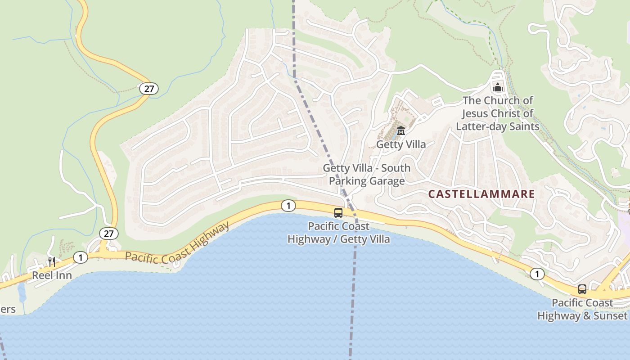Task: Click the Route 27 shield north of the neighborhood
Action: click(148, 89)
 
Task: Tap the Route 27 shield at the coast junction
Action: click(108, 234)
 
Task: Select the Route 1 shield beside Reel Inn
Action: click(80, 257)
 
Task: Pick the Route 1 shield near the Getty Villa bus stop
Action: click(288, 206)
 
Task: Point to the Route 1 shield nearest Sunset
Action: click(537, 274)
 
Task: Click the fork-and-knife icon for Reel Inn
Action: click(52, 262)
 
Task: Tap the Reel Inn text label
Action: click(52, 275)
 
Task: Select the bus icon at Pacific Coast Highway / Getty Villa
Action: click(338, 213)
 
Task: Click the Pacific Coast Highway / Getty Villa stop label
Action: click(338, 232)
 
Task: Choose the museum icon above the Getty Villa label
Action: click(400, 131)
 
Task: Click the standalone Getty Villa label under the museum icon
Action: click(400, 144)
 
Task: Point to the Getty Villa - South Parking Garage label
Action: click(367, 175)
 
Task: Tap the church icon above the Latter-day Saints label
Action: click(498, 87)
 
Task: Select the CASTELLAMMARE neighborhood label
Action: click(481, 194)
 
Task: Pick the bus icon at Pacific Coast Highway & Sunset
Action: click(582, 289)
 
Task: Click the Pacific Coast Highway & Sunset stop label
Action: click(582, 309)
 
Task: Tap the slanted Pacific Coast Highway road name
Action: click(177, 245)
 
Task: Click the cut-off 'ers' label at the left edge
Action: click(8, 309)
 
